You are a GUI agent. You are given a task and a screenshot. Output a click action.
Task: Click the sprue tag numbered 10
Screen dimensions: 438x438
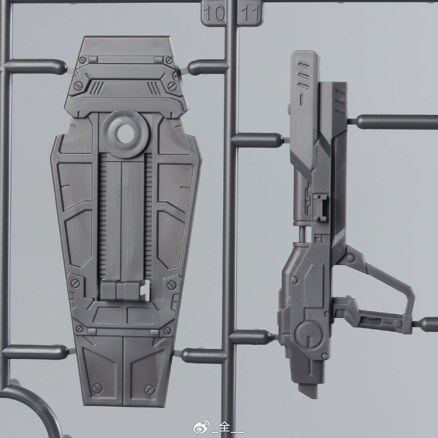(x=213, y=13)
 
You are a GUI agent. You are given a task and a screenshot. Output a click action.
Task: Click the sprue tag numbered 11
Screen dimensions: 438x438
(x=250, y=13)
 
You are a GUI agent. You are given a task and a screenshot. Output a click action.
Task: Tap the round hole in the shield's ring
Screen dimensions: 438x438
(x=125, y=133)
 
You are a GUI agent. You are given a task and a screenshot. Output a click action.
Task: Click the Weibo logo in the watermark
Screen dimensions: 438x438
(x=201, y=427)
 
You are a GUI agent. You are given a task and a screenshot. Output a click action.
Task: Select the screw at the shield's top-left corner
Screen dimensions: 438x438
(x=82, y=60)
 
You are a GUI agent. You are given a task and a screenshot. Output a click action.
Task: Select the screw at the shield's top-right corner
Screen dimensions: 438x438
(x=169, y=60)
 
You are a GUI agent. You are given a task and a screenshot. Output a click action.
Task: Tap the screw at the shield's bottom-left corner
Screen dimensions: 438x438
(x=97, y=389)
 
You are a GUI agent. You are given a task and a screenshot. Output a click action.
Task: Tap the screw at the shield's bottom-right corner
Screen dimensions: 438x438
(x=149, y=389)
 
